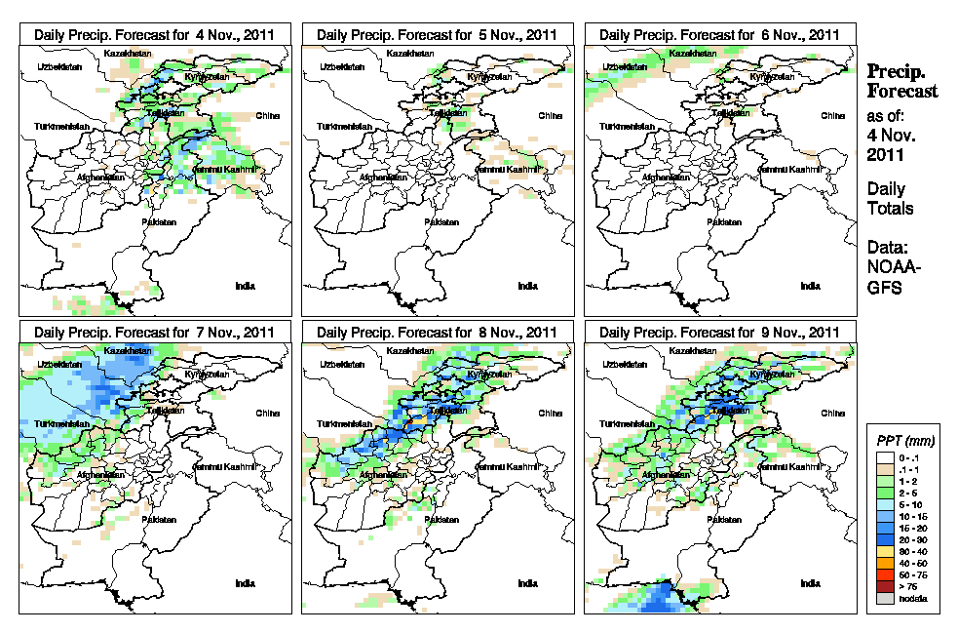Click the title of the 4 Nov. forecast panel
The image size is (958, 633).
point(155,34)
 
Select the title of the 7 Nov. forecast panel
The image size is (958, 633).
point(155,333)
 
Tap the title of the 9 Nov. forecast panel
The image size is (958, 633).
point(720,333)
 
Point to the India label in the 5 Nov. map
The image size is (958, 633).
point(527,286)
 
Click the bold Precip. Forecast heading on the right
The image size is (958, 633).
point(902,81)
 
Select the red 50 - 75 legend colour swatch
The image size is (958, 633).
point(882,575)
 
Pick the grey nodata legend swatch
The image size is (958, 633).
point(882,598)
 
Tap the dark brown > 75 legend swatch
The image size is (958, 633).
point(882,586)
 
